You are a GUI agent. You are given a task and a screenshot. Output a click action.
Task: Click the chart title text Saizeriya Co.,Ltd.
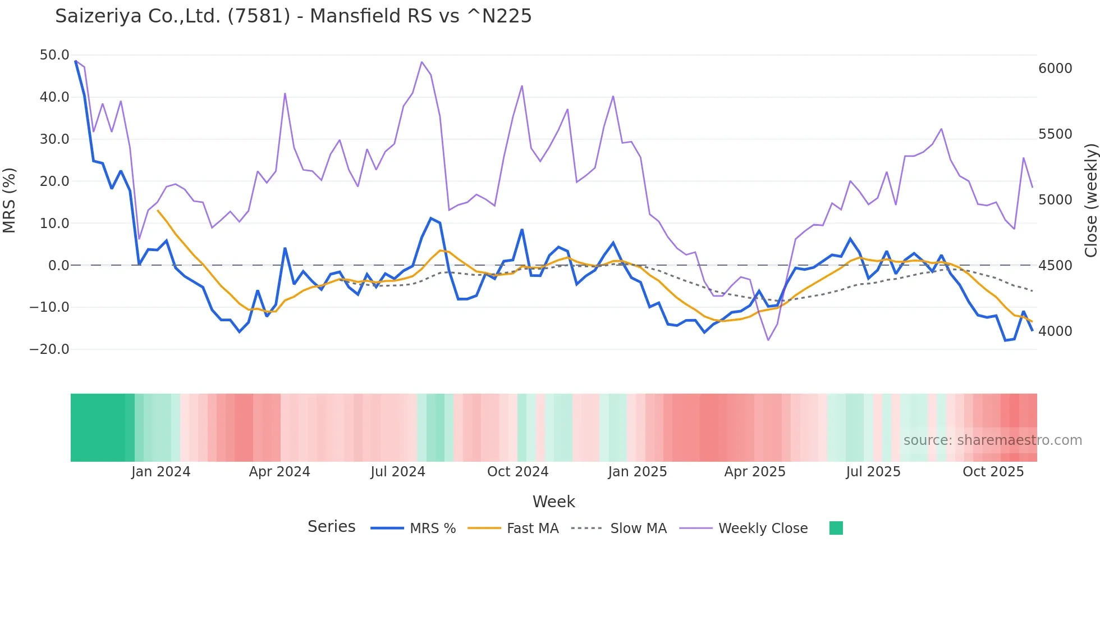point(293,16)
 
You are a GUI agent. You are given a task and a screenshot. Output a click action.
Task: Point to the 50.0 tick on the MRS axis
point(54,55)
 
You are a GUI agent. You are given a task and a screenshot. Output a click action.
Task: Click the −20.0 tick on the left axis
point(49,349)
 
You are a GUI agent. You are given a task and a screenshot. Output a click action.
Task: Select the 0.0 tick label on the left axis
point(58,266)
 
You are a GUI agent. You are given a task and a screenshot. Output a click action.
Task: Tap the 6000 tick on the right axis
point(1055,69)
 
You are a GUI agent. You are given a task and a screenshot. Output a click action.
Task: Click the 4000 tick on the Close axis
point(1055,331)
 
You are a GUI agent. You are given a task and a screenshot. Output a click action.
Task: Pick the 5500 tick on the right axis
point(1055,134)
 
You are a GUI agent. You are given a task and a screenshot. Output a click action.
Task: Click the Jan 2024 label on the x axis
point(161,472)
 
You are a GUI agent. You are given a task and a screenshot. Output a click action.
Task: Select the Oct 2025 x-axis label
point(993,472)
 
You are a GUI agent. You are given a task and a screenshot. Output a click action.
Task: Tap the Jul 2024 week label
point(397,472)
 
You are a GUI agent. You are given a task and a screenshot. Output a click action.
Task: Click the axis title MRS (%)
point(10,201)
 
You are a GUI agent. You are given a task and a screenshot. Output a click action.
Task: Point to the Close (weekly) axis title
point(1090,201)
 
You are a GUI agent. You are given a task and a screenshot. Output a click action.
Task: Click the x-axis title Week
point(553,502)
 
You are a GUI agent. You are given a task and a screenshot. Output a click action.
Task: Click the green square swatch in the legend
point(836,528)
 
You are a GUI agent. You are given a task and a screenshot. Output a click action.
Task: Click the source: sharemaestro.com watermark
point(992,440)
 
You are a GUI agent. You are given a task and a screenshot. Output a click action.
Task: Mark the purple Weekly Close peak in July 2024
point(422,62)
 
